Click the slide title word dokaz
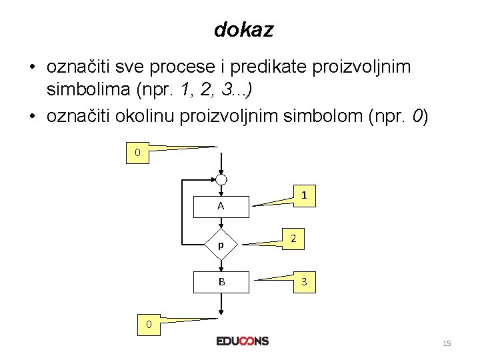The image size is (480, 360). [x=243, y=30]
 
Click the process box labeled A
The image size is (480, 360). [x=221, y=207]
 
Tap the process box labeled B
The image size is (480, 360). [x=221, y=282]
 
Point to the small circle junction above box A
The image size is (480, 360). [x=221, y=180]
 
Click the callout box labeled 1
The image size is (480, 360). [x=303, y=196]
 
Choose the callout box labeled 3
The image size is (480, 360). [x=304, y=282]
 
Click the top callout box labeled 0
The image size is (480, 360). [x=138, y=153]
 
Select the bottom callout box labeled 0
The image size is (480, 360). [x=149, y=325]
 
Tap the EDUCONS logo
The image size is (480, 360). [x=243, y=341]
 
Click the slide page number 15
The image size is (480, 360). [x=447, y=343]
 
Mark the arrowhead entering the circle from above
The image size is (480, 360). [x=221, y=171]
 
